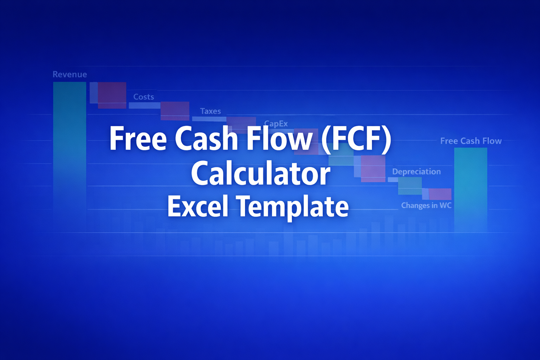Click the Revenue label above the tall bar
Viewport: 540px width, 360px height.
click(70, 75)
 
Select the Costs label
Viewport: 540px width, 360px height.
click(143, 97)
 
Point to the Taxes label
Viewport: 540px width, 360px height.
click(210, 111)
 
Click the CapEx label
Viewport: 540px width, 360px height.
click(276, 123)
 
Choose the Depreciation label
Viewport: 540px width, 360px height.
click(416, 172)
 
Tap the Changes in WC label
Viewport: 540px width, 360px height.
click(426, 205)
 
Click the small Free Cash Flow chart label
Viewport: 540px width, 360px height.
click(471, 141)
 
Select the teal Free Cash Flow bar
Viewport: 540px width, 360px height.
click(470, 190)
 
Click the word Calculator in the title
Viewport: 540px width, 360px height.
click(261, 174)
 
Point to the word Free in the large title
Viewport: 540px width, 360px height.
click(138, 139)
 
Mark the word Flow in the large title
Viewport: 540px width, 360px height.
click(279, 139)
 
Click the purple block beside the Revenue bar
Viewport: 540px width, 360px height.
click(112, 95)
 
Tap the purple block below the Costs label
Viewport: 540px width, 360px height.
click(175, 111)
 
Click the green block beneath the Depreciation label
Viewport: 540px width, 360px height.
click(410, 186)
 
